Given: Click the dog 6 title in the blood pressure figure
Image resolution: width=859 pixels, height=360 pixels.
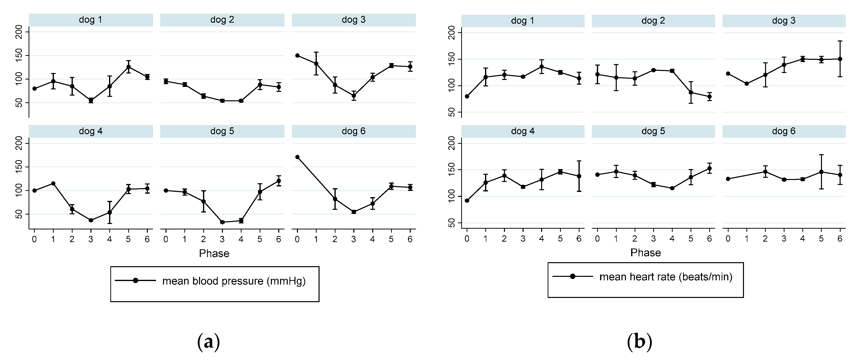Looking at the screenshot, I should click(354, 131).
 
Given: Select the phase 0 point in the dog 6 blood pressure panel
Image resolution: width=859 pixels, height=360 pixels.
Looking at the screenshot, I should click(297, 157).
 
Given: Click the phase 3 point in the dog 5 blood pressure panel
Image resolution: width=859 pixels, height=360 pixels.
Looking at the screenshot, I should click(222, 222).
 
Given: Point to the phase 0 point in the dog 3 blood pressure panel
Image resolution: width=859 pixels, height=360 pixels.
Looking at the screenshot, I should click(297, 55).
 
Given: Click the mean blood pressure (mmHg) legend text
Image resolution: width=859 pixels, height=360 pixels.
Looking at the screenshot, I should click(234, 281).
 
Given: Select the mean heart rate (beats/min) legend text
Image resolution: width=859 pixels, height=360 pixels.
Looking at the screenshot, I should click(666, 277).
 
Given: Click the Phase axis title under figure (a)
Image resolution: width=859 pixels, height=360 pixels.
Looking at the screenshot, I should click(214, 253).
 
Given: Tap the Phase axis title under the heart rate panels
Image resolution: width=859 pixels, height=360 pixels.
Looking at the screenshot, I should click(645, 253).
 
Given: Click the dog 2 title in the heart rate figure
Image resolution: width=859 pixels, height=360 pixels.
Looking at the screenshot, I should click(653, 21).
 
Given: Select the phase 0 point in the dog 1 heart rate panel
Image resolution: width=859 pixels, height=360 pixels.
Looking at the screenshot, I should click(467, 96).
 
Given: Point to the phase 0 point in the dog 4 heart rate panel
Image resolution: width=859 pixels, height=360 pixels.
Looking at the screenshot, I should click(467, 201).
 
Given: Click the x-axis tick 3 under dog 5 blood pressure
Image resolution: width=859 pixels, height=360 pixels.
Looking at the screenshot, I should click(222, 239).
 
